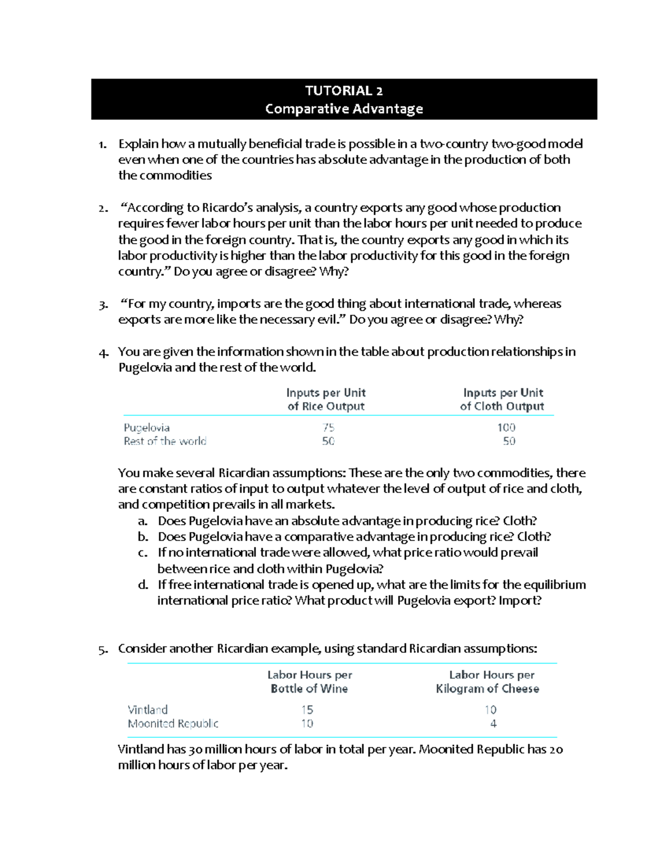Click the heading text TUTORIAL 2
(343, 90)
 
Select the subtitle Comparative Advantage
(343, 109)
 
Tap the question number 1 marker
(102, 145)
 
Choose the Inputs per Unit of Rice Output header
(326, 399)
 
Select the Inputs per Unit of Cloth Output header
(502, 399)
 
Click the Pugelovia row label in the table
(147, 428)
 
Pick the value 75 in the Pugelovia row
(328, 428)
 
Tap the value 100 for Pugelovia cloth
(506, 428)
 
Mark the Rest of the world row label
(165, 441)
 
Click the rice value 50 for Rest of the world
(328, 441)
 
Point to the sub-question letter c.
(143, 553)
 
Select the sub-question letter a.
(143, 521)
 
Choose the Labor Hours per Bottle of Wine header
(309, 681)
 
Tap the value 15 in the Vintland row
(307, 710)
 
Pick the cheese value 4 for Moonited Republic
(493, 724)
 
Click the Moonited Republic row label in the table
(173, 724)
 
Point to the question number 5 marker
(103, 650)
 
